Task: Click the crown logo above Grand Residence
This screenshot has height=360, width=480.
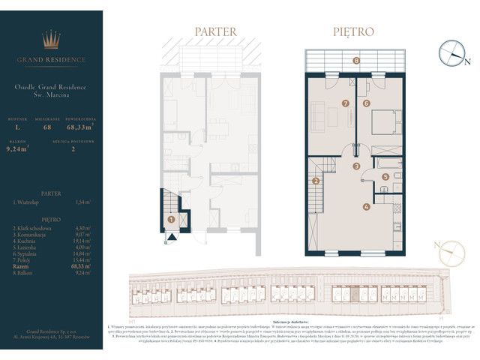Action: pyautogui.click(x=52, y=38)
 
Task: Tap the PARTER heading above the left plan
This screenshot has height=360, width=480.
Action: pyautogui.click(x=215, y=32)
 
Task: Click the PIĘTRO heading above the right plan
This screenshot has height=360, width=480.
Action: pyautogui.click(x=353, y=32)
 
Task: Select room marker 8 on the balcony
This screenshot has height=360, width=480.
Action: pyautogui.click(x=356, y=60)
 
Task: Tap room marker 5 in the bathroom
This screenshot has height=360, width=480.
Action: pyautogui.click(x=385, y=177)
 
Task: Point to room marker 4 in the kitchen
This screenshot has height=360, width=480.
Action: pyautogui.click(x=366, y=206)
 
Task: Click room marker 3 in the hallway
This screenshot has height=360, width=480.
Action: pyautogui.click(x=357, y=166)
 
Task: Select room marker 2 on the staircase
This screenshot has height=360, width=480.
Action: pyautogui.click(x=316, y=181)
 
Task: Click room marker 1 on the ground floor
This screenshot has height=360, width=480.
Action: pyautogui.click(x=172, y=220)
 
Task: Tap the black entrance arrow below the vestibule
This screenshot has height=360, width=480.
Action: pyautogui.click(x=171, y=237)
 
